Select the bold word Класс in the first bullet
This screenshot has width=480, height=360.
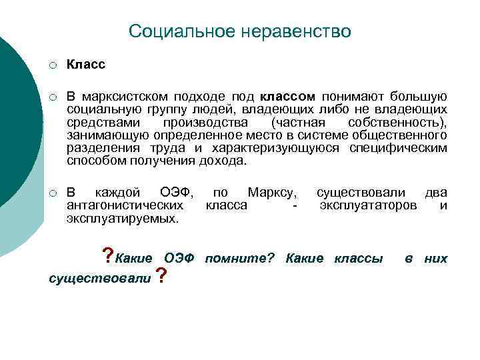click(86, 65)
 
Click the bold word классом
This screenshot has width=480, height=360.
click(288, 98)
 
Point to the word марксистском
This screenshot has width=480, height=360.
click(130, 98)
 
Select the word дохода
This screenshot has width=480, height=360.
click(225, 161)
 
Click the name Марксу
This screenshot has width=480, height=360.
click(271, 193)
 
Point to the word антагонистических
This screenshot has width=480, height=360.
click(125, 206)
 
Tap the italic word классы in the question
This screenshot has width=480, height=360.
click(358, 259)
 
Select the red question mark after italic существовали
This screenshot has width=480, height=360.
click(160, 275)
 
